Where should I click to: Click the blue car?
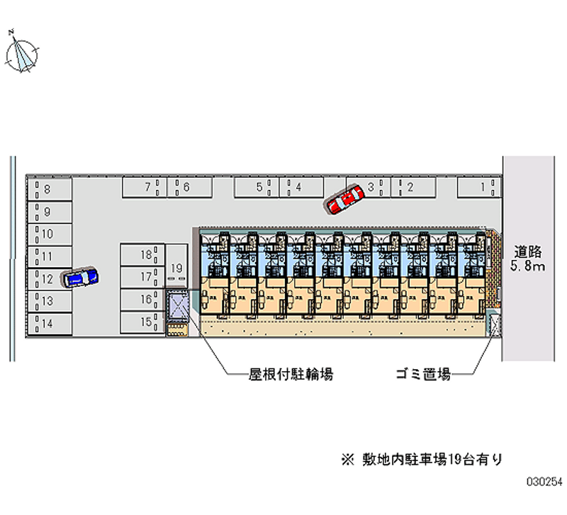coord(80,276)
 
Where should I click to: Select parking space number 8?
coord(50,189)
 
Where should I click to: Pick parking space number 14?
coord(50,324)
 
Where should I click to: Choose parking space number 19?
coord(177,267)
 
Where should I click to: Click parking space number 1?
coord(481,187)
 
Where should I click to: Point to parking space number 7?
coord(144,187)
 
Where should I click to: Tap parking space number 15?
coord(142,322)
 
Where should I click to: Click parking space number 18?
coord(142,255)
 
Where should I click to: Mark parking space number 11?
coord(50,256)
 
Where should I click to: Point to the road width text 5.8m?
coord(528,266)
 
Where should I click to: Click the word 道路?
coord(528,251)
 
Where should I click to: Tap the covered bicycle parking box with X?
coord(178,305)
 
